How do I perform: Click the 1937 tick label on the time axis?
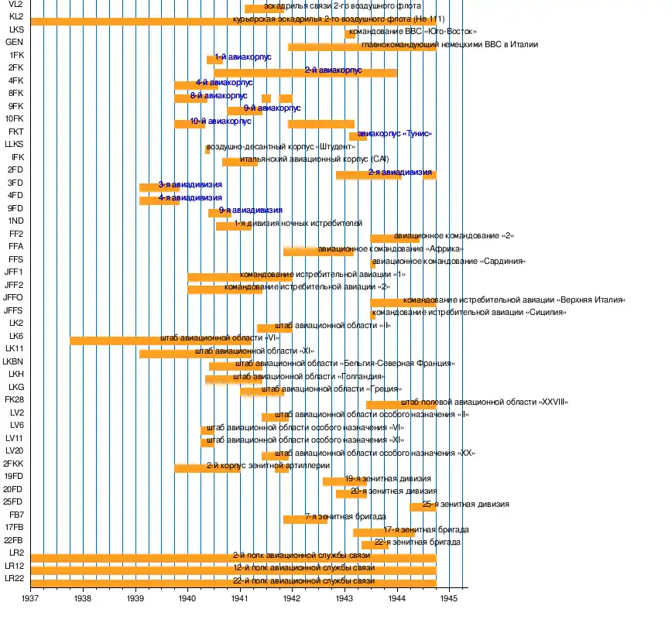[x=31, y=598]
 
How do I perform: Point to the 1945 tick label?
[x=450, y=598]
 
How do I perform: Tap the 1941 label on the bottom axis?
[x=240, y=598]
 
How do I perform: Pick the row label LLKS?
[x=14, y=144]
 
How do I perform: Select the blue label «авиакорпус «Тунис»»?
[x=395, y=134]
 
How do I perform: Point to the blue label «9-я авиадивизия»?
[x=251, y=210]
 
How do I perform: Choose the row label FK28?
[x=14, y=399]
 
